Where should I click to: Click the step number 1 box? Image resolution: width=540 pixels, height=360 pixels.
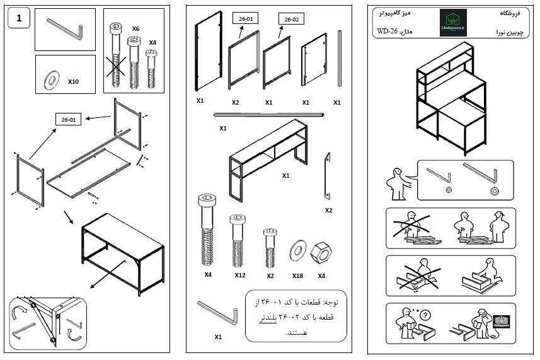[x=19, y=18]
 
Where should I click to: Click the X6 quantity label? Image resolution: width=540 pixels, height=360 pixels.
[x=135, y=29]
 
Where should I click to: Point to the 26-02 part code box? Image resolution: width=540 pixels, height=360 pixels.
[x=291, y=20]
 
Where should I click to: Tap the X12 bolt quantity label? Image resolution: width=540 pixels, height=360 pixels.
[x=239, y=276]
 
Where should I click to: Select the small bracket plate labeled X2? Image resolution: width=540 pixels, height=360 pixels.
[x=328, y=173]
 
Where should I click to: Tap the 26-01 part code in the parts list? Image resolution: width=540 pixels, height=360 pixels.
[x=245, y=20]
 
